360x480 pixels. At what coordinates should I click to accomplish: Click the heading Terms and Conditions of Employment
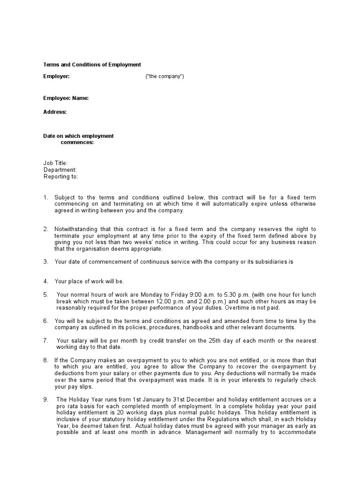point(92,65)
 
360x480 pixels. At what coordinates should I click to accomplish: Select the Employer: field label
point(56,76)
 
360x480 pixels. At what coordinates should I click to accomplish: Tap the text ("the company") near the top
point(165,76)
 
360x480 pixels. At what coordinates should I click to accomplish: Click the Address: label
point(55,112)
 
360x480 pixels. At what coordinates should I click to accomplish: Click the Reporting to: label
point(61,177)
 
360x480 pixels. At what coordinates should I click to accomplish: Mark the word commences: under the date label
point(77,142)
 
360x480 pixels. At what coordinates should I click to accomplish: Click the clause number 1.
point(46,197)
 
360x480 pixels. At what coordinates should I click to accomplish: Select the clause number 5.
point(46,294)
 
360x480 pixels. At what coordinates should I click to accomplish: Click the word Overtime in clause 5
point(240,308)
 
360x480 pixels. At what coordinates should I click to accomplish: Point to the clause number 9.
point(46,400)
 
